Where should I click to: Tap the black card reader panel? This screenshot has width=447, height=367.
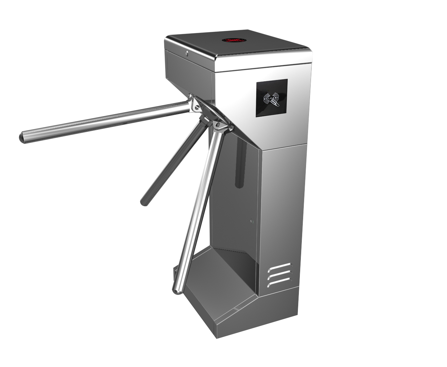click(271, 98)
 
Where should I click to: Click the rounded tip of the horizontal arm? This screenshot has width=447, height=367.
click(23, 137)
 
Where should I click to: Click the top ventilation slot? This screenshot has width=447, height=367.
click(279, 268)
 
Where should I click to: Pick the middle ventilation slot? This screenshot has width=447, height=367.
click(279, 276)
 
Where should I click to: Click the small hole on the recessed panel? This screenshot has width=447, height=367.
click(252, 221)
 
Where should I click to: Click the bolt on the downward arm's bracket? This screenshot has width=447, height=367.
click(218, 124)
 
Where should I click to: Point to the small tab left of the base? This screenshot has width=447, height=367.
click(175, 271)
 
